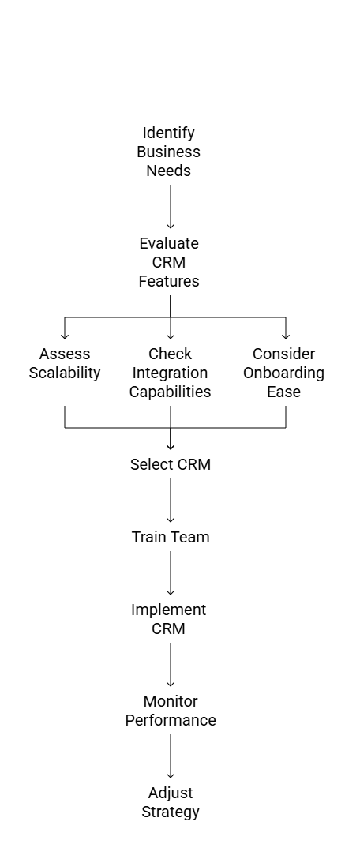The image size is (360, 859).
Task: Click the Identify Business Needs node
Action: [169, 152]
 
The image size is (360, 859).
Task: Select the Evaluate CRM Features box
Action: [169, 262]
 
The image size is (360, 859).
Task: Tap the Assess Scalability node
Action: [65, 363]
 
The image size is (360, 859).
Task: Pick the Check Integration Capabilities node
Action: [170, 373]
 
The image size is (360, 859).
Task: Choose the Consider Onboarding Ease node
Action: [284, 373]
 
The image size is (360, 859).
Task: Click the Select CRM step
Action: [170, 465]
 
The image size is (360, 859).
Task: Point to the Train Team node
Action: [170, 538]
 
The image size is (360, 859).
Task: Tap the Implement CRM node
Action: [169, 620]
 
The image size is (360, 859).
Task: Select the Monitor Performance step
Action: [170, 711]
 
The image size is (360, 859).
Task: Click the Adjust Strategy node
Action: [170, 803]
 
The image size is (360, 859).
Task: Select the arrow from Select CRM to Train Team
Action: [170, 501]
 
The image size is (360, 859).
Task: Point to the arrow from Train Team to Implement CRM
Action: [170, 574]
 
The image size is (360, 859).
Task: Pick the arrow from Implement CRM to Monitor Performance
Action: [170, 666]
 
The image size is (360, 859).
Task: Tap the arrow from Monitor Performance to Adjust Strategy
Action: [170, 757]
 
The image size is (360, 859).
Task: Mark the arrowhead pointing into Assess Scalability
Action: [65, 335]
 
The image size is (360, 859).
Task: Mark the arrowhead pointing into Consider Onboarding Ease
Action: [285, 335]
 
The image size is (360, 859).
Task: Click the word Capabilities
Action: [170, 392]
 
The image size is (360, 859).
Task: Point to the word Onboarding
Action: [284, 373]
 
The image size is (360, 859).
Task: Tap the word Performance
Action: [170, 721]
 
